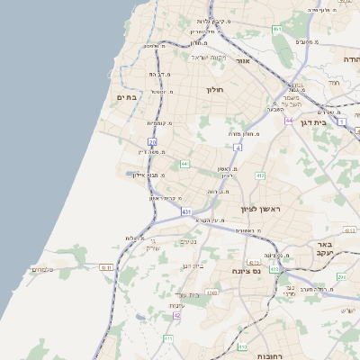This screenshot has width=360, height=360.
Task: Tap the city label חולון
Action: (x=214, y=90)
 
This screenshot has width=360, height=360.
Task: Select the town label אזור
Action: (x=242, y=61)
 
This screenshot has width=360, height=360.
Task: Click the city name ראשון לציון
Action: (x=261, y=208)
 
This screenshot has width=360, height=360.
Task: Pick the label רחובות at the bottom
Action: (x=270, y=356)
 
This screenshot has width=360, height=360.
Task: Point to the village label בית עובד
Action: (x=193, y=295)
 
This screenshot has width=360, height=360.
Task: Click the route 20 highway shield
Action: (x=152, y=141)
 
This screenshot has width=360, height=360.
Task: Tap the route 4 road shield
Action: (x=238, y=146)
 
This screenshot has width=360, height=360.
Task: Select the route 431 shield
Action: (x=186, y=211)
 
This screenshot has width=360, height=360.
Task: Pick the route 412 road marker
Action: (x=260, y=175)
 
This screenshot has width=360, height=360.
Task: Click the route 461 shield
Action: (x=277, y=30)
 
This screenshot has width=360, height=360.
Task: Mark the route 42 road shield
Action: (x=177, y=316)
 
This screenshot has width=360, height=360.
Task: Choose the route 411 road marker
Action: (x=168, y=338)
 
